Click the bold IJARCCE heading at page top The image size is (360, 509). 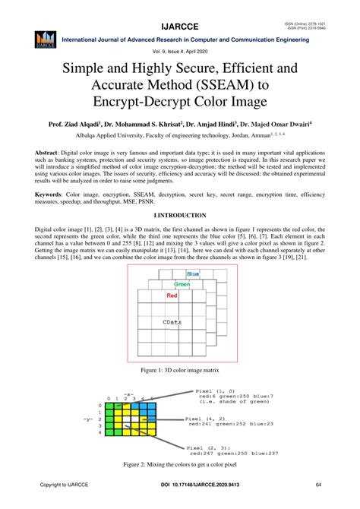[179, 11]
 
